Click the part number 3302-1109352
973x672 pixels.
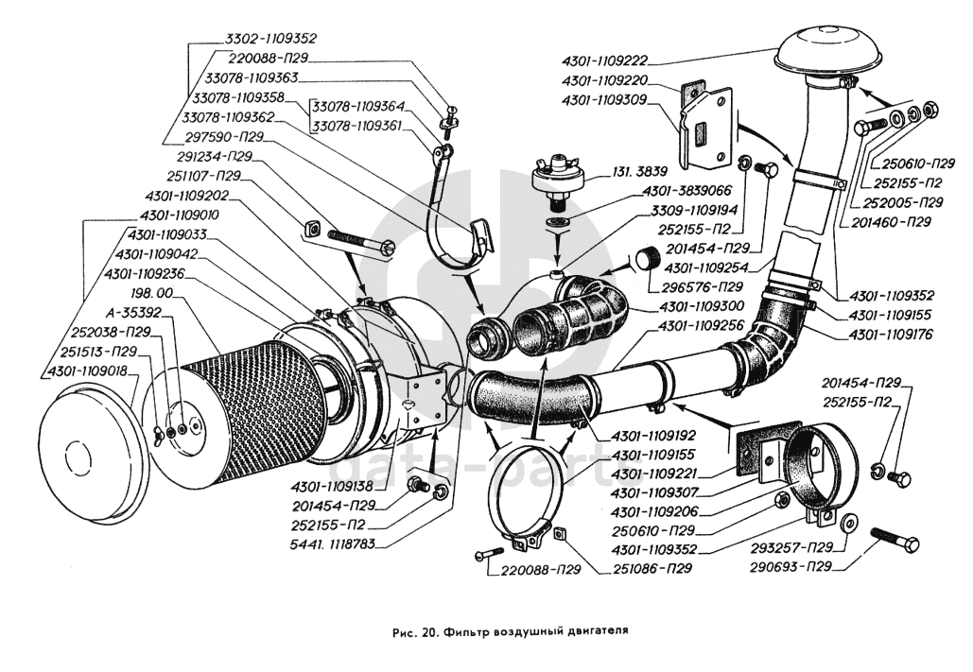tap(270, 39)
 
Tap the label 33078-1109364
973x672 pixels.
tap(358, 107)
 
